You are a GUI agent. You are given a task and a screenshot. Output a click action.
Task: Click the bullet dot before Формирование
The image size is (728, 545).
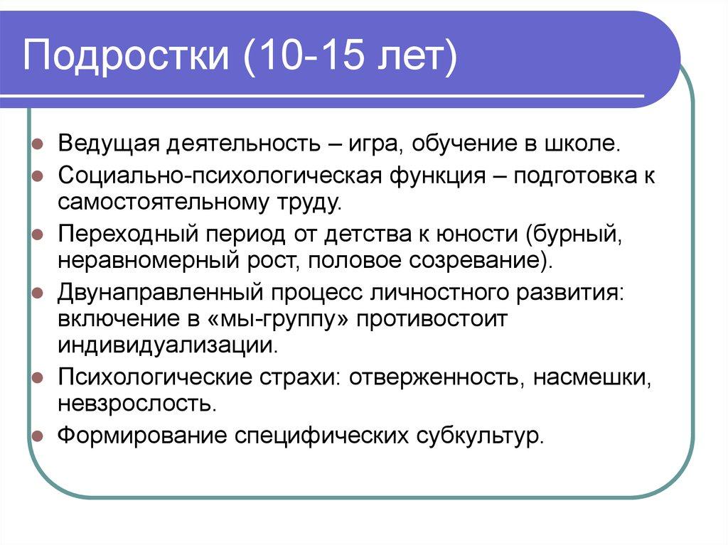coord(38,435)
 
